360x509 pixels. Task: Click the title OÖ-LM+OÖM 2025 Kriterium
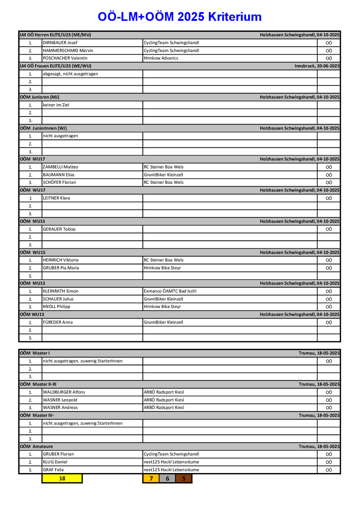(180, 17)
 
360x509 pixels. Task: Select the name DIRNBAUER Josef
(60, 43)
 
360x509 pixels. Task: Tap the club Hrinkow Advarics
(161, 58)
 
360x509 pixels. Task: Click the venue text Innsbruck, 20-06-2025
(317, 66)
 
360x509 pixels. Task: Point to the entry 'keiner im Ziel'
(56, 105)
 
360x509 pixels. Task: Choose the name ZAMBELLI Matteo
(60, 167)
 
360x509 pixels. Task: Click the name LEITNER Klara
(56, 198)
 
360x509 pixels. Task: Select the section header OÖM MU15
(32, 221)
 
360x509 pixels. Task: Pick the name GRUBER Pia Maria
(61, 268)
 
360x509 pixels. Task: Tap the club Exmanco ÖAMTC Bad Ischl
(170, 291)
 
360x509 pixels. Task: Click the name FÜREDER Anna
(58, 322)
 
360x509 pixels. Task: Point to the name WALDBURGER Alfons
(64, 392)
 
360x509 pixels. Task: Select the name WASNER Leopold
(60, 400)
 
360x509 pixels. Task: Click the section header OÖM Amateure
(36, 446)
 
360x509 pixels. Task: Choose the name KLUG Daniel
(55, 462)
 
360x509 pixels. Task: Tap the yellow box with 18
(62, 478)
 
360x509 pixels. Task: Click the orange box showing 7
(151, 478)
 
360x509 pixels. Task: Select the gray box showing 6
(167, 478)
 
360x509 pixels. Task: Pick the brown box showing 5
(184, 478)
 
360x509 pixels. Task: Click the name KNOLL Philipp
(56, 307)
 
